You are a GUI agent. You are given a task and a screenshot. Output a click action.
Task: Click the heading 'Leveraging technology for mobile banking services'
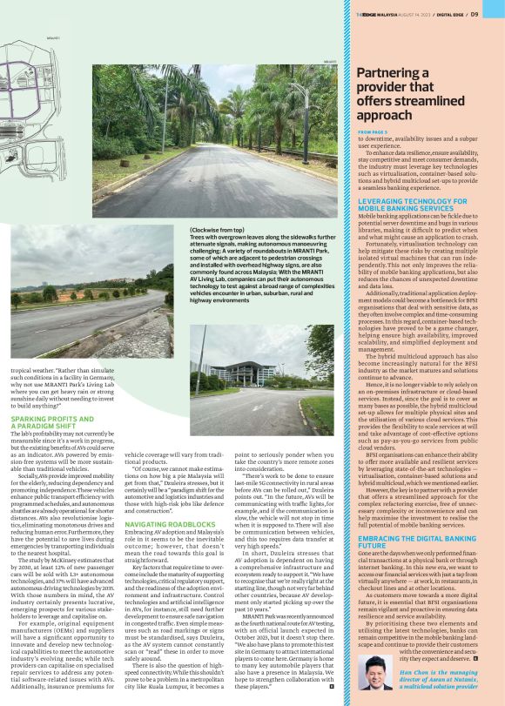[412, 205]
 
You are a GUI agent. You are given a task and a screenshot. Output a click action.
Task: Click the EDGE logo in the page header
[367, 14]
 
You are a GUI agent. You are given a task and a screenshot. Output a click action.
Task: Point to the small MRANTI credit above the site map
[52, 37]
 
